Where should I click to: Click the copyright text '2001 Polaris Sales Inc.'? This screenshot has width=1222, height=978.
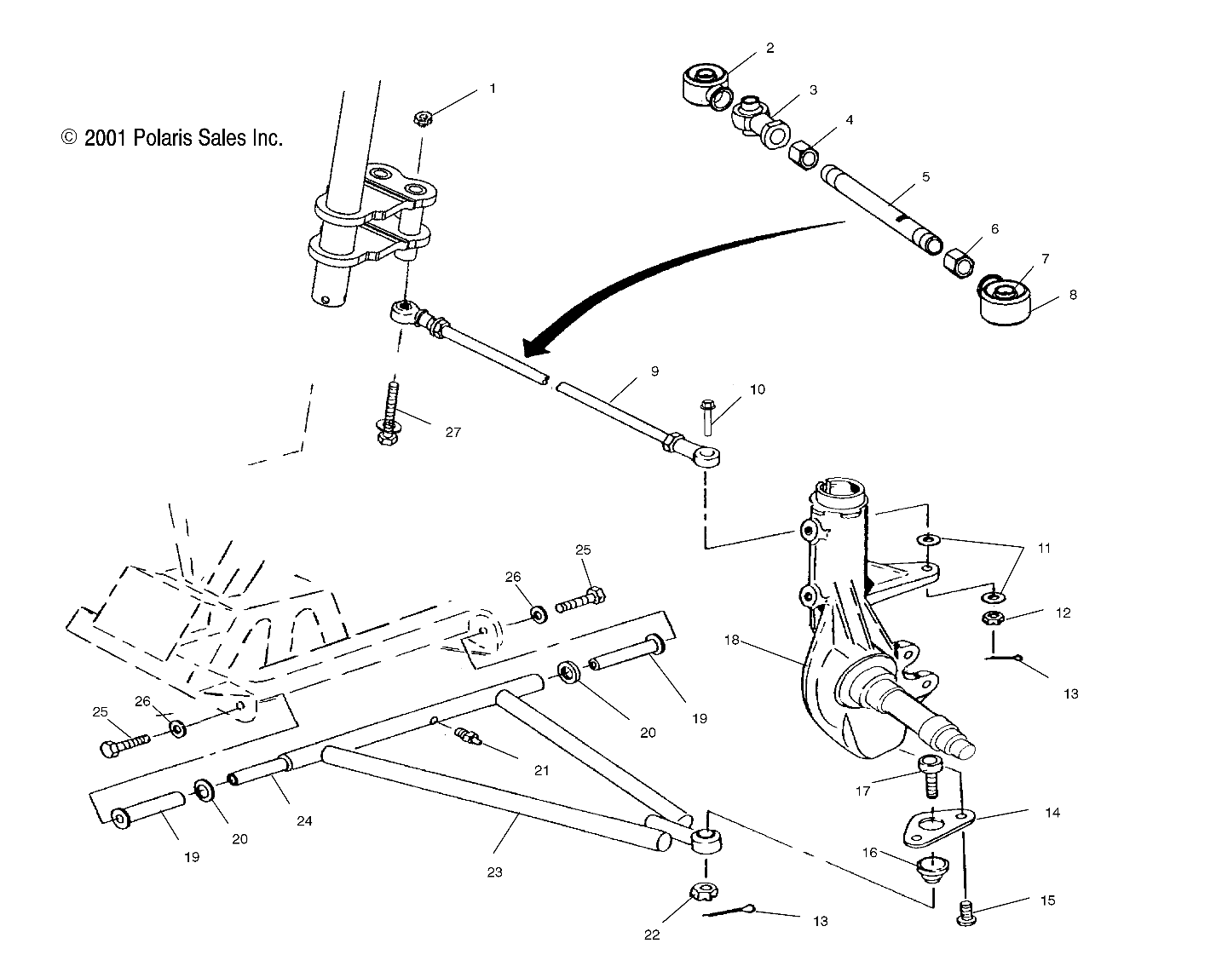coord(182,138)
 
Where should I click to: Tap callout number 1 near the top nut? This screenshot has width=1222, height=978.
coord(492,88)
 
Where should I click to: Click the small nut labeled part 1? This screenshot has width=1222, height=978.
coord(422,118)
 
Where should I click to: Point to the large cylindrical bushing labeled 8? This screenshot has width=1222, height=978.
coord(1006,303)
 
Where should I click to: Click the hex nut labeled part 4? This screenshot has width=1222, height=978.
coord(804,155)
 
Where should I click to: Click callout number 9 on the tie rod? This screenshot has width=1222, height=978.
coord(654,371)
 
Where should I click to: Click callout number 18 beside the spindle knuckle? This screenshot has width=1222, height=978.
coord(731,638)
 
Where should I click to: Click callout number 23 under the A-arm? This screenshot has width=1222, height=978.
coord(494,872)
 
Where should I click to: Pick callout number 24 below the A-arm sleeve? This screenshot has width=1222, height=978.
coord(304,820)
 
